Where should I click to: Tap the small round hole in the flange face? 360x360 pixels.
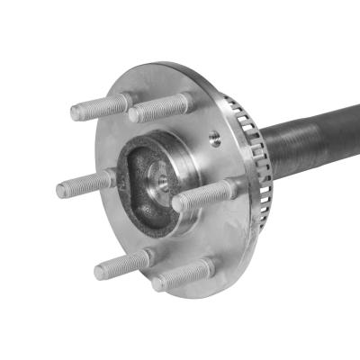214,138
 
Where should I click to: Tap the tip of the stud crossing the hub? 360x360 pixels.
176,203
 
